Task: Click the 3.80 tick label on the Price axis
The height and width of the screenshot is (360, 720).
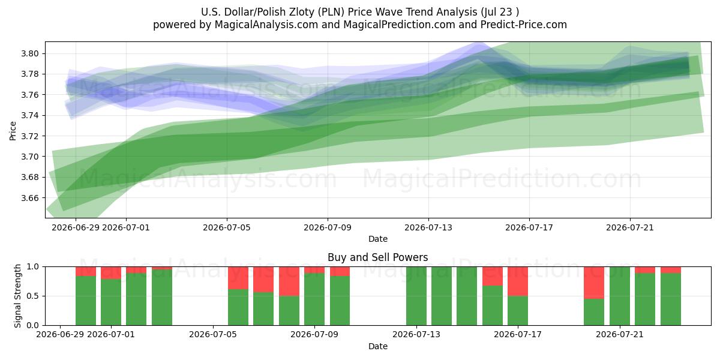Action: (x=30, y=53)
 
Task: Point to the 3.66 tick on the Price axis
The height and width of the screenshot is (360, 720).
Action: (x=30, y=198)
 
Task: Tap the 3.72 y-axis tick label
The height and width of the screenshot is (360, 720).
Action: (x=30, y=136)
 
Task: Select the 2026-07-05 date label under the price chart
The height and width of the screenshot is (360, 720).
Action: (x=227, y=227)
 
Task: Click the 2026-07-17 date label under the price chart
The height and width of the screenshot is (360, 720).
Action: (x=529, y=227)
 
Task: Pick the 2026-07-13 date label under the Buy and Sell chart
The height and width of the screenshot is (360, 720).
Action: (x=416, y=335)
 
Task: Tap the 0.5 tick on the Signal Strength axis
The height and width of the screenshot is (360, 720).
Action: (x=33, y=296)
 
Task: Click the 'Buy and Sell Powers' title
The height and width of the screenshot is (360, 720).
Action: (x=377, y=257)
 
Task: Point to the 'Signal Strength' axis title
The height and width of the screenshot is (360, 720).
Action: (x=17, y=296)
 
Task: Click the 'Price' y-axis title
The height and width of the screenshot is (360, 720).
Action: (x=13, y=131)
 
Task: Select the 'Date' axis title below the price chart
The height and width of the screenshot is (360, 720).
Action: (x=377, y=239)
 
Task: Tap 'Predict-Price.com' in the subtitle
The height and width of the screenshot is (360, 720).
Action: (x=524, y=25)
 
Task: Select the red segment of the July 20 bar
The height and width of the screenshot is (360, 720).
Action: (x=593, y=283)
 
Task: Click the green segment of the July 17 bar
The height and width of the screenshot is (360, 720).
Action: (x=517, y=311)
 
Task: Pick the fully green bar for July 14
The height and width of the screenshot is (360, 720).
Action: (x=442, y=296)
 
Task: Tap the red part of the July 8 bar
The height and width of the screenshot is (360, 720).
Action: (x=289, y=281)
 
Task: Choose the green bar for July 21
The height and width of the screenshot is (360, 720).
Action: (x=619, y=296)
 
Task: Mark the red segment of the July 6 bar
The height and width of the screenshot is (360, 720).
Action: (x=238, y=278)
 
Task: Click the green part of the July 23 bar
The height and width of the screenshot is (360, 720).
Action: (x=671, y=299)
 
